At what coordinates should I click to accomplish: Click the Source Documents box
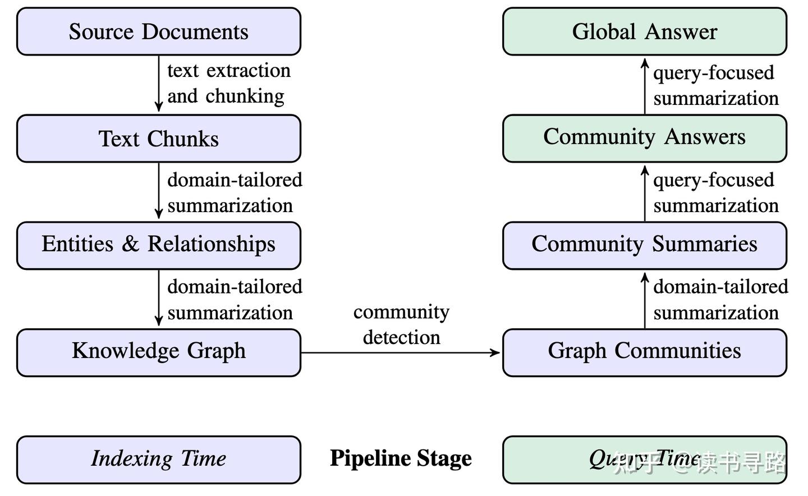pos(159,31)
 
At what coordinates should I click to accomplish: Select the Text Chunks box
pos(159,139)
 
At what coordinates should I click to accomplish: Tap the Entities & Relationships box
pos(159,245)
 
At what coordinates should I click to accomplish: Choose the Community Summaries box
pos(644,245)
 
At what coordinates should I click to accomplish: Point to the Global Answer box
pos(644,31)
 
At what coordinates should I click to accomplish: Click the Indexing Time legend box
pos(159,459)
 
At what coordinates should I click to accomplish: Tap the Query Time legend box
pos(644,459)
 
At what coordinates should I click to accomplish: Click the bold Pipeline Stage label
pos(401,458)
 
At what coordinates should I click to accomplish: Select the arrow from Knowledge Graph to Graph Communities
pos(401,352)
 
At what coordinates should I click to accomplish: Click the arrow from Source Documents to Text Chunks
pos(159,84)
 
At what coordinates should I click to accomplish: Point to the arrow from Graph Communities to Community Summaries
pos(645,300)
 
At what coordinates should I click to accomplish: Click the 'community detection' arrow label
pos(401,324)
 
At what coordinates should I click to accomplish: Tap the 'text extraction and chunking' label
pos(229,83)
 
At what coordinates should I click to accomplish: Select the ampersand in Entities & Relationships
pos(130,244)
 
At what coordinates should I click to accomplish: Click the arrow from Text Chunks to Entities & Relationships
pos(159,191)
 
